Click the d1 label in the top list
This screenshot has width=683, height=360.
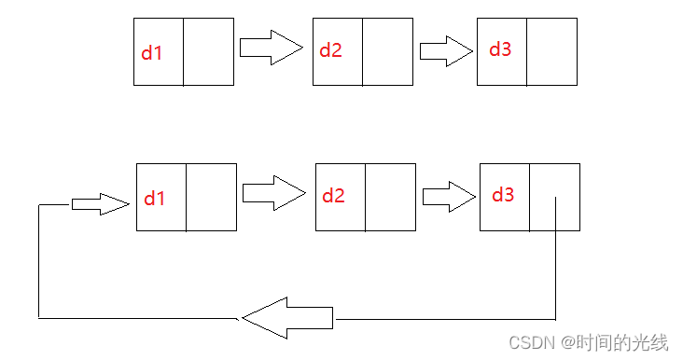click(151, 53)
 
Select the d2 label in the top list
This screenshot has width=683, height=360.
click(330, 50)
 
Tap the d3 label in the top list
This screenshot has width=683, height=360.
click(500, 48)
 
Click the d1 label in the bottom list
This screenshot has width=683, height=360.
click(154, 199)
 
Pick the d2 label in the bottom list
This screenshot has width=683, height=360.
click(333, 196)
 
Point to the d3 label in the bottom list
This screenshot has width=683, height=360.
click(503, 195)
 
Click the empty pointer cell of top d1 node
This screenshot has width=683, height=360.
click(207, 51)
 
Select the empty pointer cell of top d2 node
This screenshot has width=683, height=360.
click(386, 51)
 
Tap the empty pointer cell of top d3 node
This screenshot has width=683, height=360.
click(551, 51)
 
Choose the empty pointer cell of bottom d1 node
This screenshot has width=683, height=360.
click(211, 197)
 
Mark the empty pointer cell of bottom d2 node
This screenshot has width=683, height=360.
click(389, 197)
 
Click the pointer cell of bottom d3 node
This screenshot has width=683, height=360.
click(554, 197)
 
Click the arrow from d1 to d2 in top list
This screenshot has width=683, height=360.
click(272, 47)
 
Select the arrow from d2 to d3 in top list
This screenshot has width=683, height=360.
click(446, 49)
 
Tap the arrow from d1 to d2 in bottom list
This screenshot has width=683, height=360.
click(273, 193)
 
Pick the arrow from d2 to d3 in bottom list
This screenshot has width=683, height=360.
click(449, 196)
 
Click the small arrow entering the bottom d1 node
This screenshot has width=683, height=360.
click(100, 204)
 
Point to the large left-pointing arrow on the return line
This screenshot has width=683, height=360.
click(286, 317)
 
